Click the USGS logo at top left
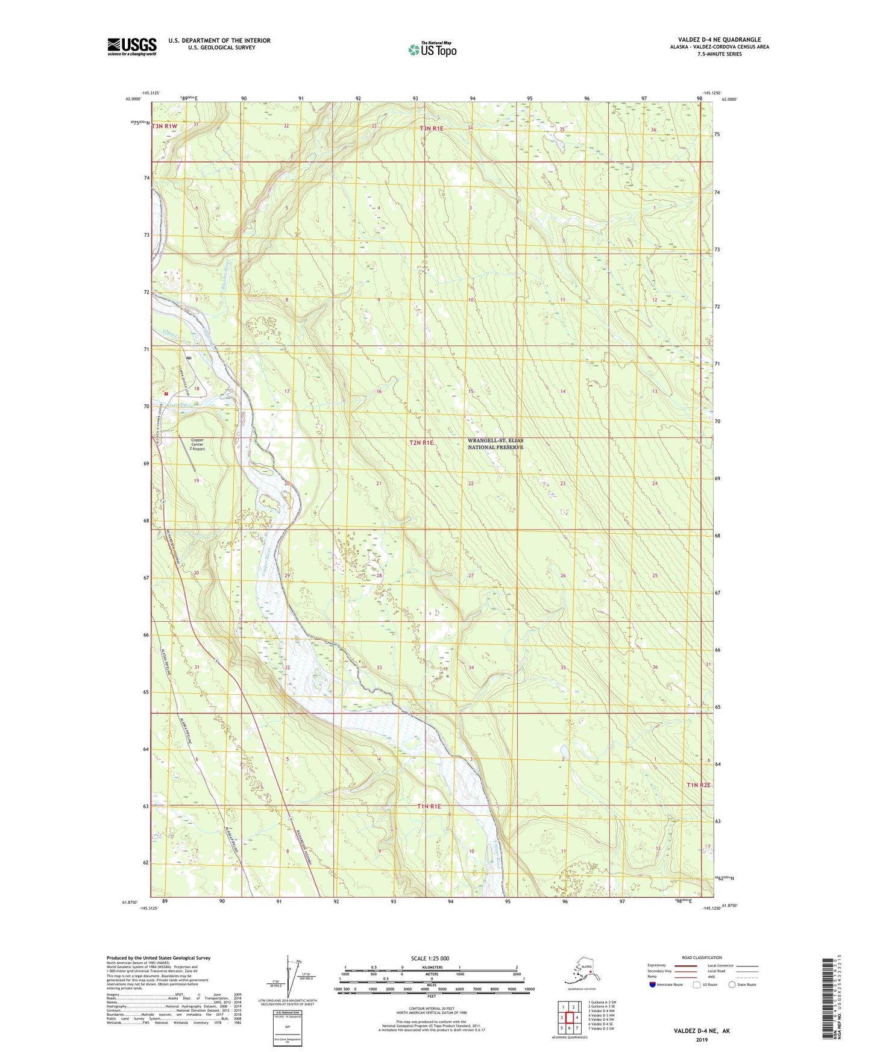(131, 46)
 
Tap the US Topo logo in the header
(432, 49)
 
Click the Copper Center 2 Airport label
(198, 444)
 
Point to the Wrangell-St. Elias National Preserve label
(495, 444)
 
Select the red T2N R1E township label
(421, 443)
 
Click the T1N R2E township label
(699, 785)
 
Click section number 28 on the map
(379, 575)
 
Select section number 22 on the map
(471, 484)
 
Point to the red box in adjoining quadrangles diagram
(569, 1018)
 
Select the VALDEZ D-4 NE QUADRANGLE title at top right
(719, 40)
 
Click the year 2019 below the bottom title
(702, 1039)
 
